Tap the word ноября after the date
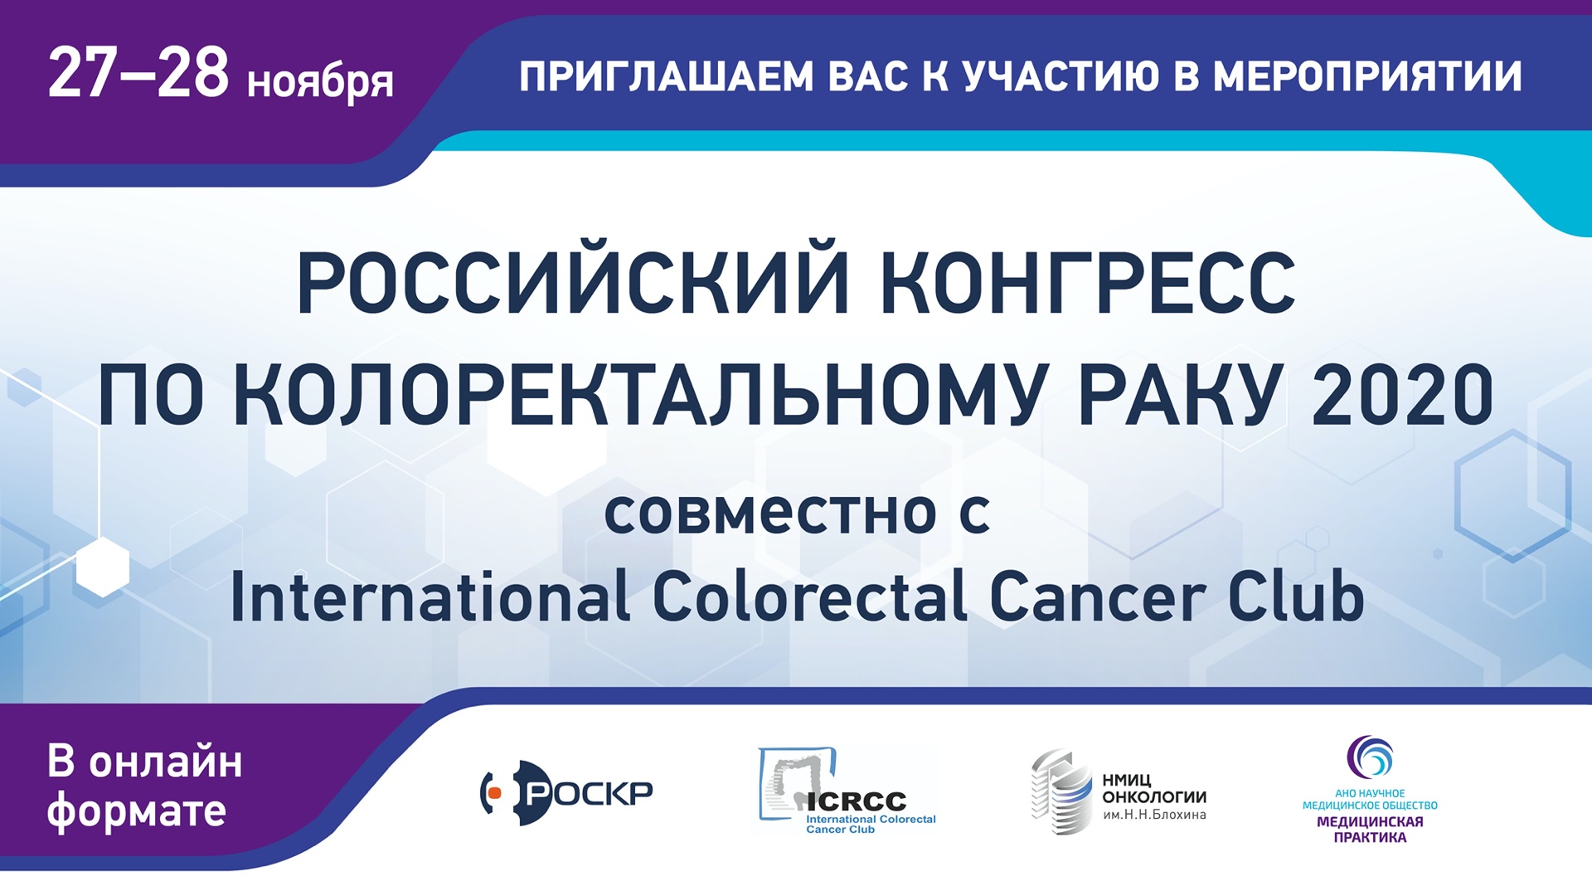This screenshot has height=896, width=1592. pos(320,83)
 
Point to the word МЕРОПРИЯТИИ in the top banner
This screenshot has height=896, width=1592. pos(1367,77)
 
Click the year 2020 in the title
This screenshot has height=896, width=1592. pos(1402,395)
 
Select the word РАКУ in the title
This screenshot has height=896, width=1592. pos(1177,395)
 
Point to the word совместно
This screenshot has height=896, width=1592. pos(770,514)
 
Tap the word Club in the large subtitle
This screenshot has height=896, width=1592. pos(1296,597)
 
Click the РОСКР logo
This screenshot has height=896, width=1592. pos(566,792)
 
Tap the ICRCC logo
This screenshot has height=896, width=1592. pos(847,791)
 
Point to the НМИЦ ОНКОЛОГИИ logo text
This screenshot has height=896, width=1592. pos(1154,796)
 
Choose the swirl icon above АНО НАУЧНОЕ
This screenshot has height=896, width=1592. pos(1370,757)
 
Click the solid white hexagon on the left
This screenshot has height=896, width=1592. pos(103,567)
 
